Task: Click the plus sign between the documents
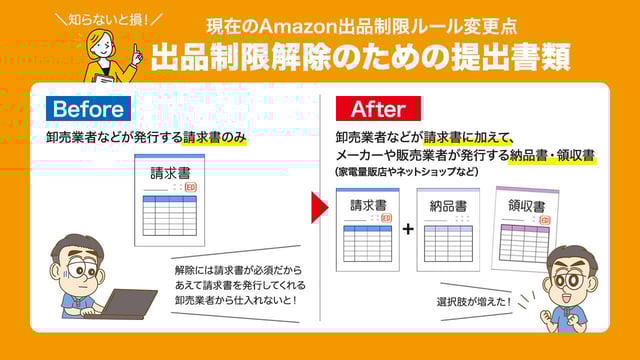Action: click(407, 229)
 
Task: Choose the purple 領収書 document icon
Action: click(526, 228)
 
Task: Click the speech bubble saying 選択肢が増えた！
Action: click(473, 301)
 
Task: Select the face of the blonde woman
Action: click(105, 42)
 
